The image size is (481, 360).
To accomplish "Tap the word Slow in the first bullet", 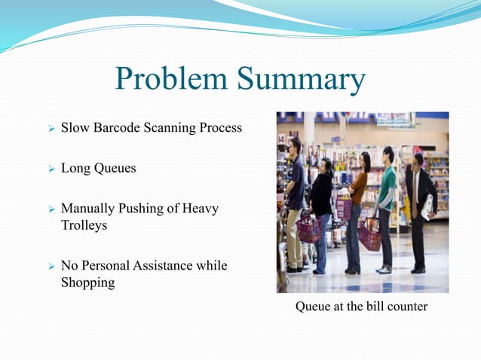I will pos(75,127).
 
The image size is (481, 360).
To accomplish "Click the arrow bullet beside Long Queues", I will pos(50,169).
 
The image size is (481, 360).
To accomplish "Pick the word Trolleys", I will pos(84,225).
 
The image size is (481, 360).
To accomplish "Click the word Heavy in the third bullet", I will pos(201,209).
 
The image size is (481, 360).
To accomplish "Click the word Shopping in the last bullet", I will pos(87,282).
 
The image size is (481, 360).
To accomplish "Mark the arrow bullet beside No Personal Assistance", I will pos(50,267).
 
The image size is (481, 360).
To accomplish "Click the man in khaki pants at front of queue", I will pos(295,203).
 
